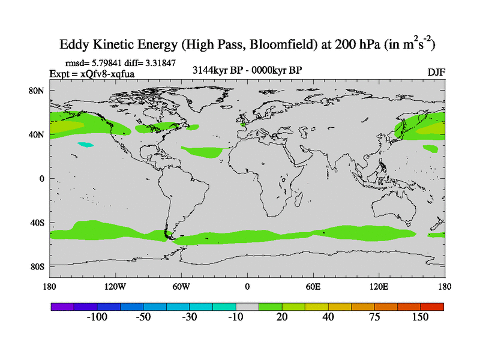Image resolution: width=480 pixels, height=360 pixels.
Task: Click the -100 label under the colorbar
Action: pyautogui.click(x=97, y=317)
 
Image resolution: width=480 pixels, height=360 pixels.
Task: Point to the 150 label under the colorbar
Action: pyautogui.click(x=420, y=317)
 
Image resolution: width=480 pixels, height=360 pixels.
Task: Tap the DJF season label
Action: pyautogui.click(x=436, y=73)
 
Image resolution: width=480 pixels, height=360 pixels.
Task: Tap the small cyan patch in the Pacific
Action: pyautogui.click(x=86, y=144)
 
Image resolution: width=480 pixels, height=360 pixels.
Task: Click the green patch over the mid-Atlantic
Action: pyautogui.click(x=202, y=152)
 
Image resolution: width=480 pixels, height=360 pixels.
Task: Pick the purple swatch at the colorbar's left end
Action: pyautogui.click(x=62, y=307)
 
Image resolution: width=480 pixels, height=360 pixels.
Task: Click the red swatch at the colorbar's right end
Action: pyautogui.click(x=432, y=307)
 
